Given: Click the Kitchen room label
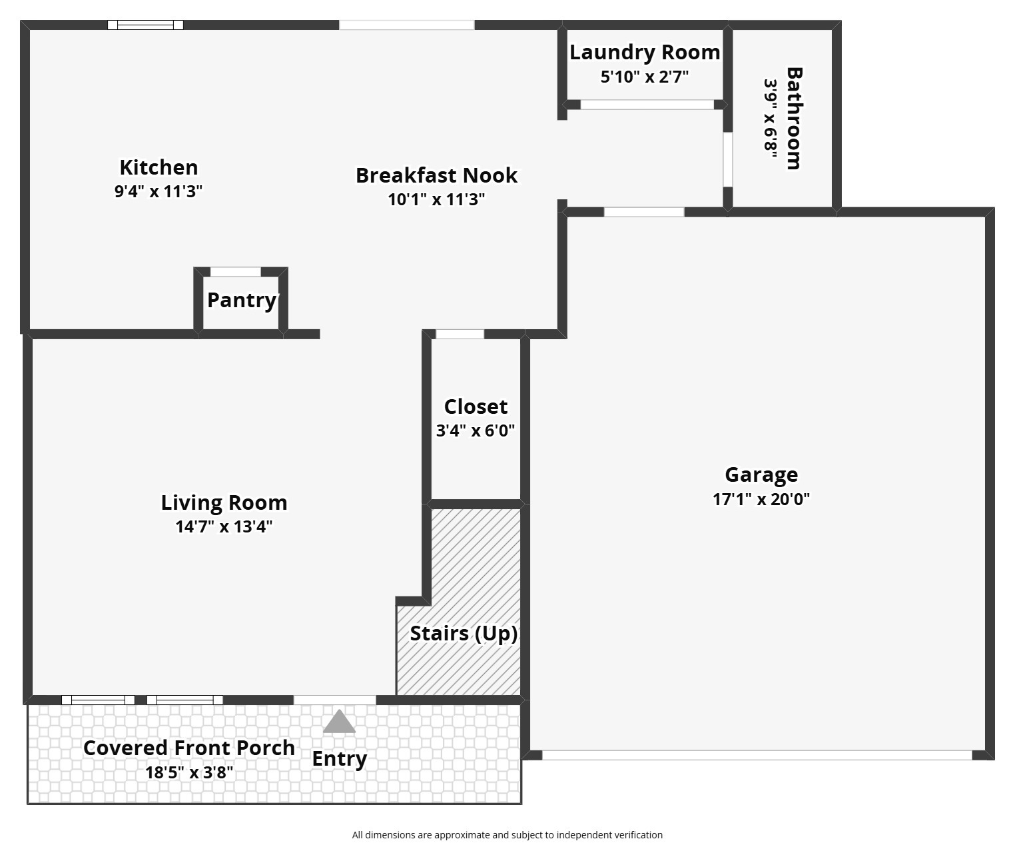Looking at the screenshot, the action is [159, 167].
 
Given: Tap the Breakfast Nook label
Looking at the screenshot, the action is [436, 175].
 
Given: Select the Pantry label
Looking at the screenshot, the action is [242, 300].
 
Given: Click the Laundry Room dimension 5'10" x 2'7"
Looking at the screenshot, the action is [645, 77].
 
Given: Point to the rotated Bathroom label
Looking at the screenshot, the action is [794, 118].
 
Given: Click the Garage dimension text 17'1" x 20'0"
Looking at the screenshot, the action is [761, 499].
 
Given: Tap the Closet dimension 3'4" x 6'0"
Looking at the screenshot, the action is [476, 430].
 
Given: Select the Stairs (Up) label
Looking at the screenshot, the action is [464, 633].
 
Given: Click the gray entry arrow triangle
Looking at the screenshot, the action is [339, 721].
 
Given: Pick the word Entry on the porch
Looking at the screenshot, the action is [339, 759].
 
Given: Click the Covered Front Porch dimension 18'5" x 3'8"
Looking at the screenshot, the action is [189, 772].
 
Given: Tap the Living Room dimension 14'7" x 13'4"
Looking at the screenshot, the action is [224, 526].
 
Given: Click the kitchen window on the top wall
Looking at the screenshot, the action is [145, 25].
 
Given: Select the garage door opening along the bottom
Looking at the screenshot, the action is [757, 754].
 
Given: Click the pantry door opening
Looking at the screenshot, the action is [236, 272].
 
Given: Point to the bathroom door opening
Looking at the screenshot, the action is [728, 159].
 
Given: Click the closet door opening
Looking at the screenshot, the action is [460, 335].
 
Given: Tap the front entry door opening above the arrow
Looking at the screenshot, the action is [335, 700].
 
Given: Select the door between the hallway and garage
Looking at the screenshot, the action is [644, 212].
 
